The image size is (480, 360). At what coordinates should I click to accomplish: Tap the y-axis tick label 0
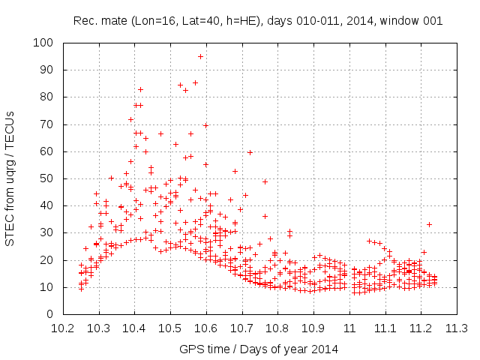click(51, 314)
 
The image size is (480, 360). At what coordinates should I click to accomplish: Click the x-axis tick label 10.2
click(62, 328)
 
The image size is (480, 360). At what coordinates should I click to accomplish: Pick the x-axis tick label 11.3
click(457, 328)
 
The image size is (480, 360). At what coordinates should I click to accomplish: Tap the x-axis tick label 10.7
click(241, 328)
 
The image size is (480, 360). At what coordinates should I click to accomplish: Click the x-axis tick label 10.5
click(170, 328)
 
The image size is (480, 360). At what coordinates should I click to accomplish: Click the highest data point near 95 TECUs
click(200, 56)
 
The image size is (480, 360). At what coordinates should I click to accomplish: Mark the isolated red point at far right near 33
click(429, 224)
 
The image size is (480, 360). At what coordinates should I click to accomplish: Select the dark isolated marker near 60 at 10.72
click(250, 152)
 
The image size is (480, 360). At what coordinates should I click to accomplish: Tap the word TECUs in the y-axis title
click(10, 120)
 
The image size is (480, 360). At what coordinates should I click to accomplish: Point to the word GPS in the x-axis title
click(190, 349)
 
